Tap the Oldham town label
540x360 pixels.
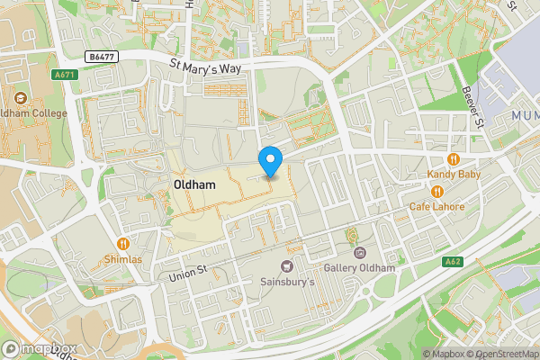click(x=193, y=184)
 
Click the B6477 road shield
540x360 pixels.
click(x=103, y=56)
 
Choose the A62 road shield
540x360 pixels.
click(x=454, y=262)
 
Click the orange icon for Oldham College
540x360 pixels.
click(x=20, y=96)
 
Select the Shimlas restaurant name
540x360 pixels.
click(x=122, y=259)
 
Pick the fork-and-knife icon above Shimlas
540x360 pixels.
click(x=122, y=243)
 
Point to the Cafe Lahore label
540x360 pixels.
click(x=437, y=207)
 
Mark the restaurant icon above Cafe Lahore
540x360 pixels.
click(x=437, y=191)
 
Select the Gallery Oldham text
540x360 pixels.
click(x=359, y=269)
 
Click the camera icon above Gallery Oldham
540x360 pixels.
click(x=359, y=253)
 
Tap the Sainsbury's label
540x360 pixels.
click(x=287, y=282)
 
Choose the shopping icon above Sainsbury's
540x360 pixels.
click(x=287, y=265)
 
